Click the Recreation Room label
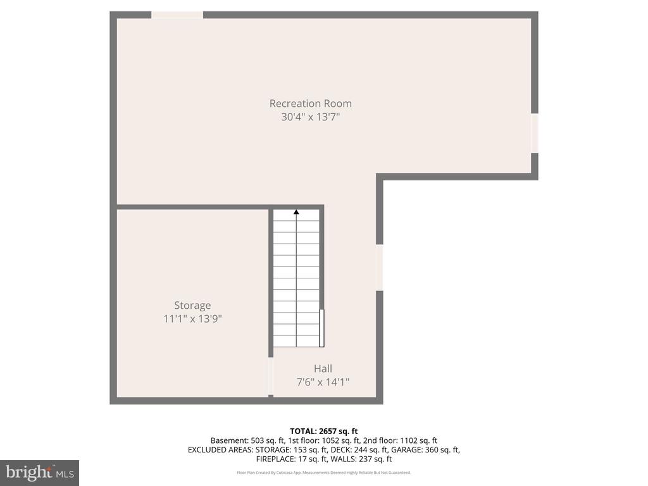[311, 103]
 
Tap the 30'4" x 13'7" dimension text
[311, 117]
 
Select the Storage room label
[192, 305]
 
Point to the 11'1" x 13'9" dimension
[192, 319]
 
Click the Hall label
[323, 368]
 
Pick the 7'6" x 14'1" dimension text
[323, 382]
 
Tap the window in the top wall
[177, 15]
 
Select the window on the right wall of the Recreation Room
[535, 133]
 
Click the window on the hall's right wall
[380, 267]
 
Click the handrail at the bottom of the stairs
[322, 328]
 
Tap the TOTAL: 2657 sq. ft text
[323, 431]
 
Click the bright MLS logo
[39, 473]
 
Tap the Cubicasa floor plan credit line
[323, 473]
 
